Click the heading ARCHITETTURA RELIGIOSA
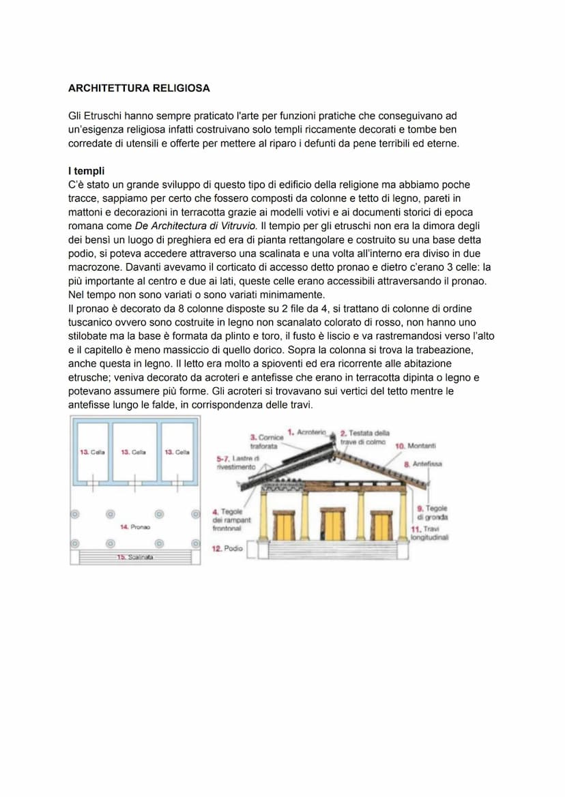tap(139, 89)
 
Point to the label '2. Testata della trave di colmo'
tap(364, 437)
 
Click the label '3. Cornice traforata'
tap(266, 441)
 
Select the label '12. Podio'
tap(227, 548)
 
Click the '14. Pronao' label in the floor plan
tap(134, 527)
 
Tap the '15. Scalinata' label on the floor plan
tap(134, 557)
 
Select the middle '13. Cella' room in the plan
tap(134, 451)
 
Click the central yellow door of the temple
tap(332, 526)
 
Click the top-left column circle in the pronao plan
tap(76, 513)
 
